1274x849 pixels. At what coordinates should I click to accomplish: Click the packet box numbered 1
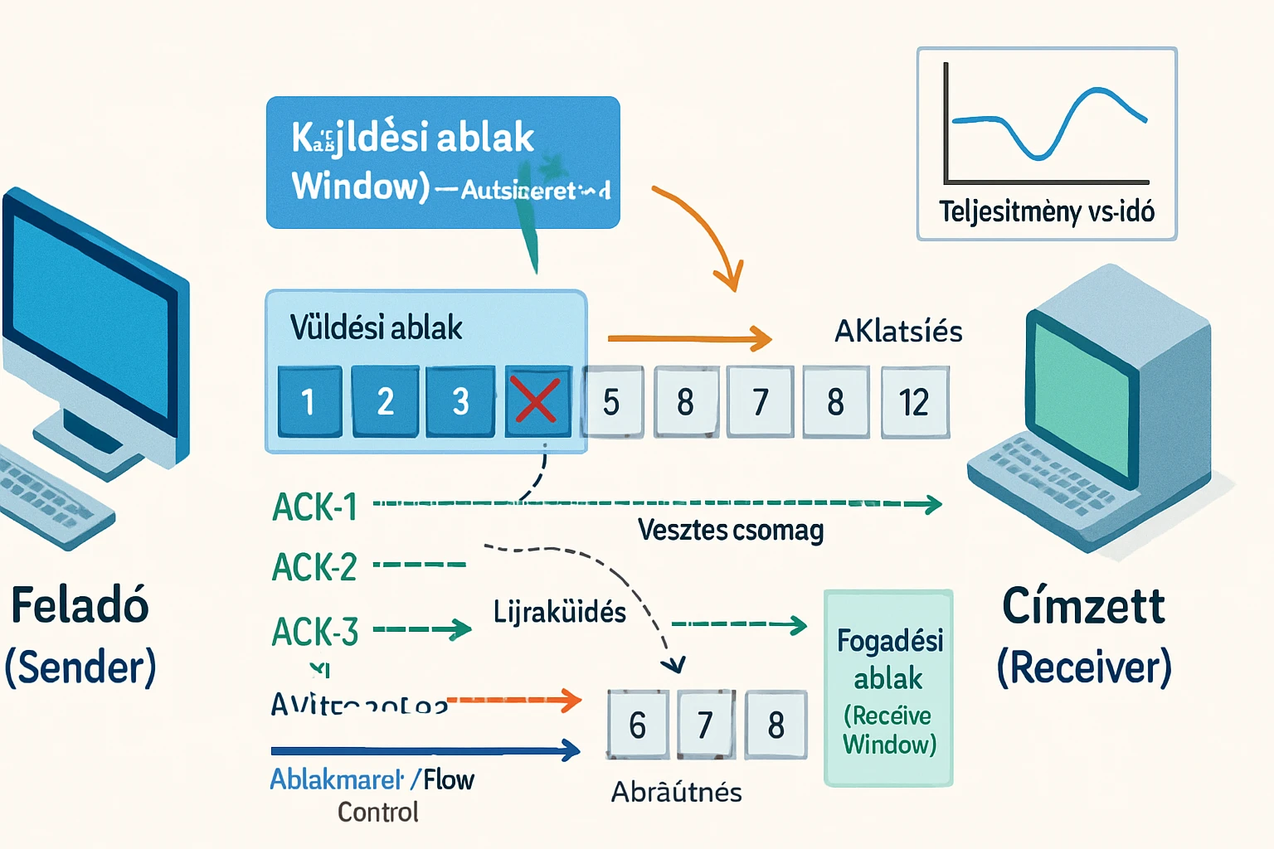click(x=309, y=401)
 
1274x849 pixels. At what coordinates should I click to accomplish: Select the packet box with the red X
click(x=537, y=401)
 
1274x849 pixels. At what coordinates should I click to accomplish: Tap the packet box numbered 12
click(x=914, y=402)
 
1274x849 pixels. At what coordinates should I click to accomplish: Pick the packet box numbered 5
click(x=612, y=402)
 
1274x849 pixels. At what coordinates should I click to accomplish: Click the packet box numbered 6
click(x=637, y=725)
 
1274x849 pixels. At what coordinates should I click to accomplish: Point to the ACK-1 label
click(x=315, y=507)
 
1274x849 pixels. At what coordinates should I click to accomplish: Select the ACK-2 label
click(x=314, y=568)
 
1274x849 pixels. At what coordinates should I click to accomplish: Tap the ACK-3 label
click(x=315, y=632)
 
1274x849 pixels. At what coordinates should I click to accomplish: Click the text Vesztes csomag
click(x=730, y=530)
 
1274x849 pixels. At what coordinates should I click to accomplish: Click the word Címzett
click(x=1083, y=606)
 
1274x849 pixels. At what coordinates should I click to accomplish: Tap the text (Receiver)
click(x=1083, y=667)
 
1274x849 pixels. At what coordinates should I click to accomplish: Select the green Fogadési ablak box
click(x=888, y=688)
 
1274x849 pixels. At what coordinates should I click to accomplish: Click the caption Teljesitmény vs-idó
click(x=1046, y=211)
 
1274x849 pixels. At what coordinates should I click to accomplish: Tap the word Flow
click(x=449, y=779)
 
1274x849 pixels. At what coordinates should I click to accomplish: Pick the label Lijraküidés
click(x=560, y=612)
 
